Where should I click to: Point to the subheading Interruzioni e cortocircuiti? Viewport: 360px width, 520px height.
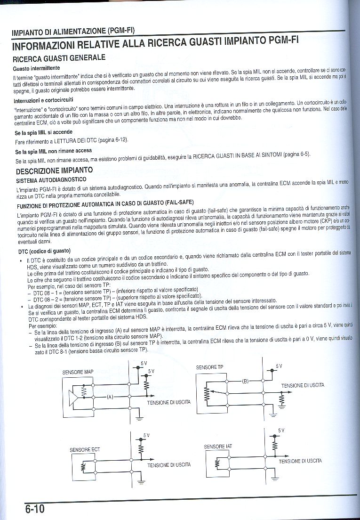(x=43, y=100)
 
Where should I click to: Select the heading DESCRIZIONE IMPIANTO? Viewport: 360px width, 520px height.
(x=55, y=170)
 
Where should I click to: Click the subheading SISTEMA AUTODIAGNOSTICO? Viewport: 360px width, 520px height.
(x=51, y=180)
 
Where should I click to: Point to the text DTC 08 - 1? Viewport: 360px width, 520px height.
(x=47, y=292)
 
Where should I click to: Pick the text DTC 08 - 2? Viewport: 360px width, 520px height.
(x=47, y=299)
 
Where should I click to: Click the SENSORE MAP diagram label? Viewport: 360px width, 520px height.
(x=78, y=372)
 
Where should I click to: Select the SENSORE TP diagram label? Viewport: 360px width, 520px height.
(x=209, y=366)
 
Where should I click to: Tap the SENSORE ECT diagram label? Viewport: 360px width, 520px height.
(x=85, y=450)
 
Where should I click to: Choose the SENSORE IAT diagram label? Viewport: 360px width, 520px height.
(x=218, y=446)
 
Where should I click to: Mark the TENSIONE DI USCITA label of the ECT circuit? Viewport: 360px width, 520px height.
(x=169, y=464)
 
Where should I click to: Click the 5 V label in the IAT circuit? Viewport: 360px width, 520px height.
(x=281, y=431)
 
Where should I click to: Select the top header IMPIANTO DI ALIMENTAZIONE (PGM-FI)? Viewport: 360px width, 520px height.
(x=73, y=32)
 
